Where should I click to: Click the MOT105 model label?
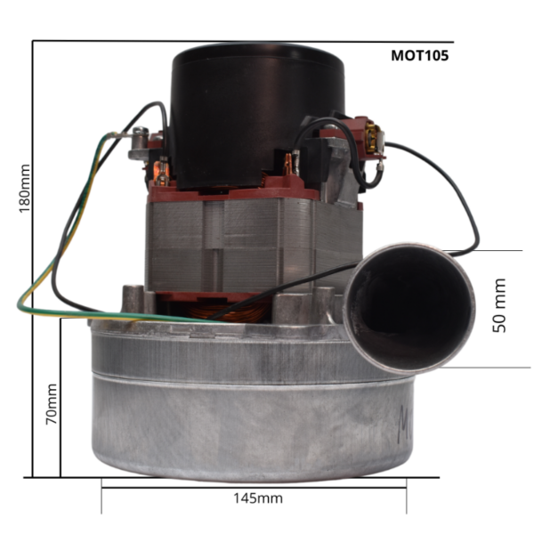tap(419, 55)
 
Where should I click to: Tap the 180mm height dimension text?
tap(25, 189)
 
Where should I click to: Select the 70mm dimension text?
tap(52, 404)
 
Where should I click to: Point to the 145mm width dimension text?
tap(258, 498)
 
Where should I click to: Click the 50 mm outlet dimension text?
tap(499, 305)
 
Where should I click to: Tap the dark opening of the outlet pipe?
tap(409, 308)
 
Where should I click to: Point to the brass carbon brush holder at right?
tap(373, 138)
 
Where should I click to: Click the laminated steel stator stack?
tap(254, 246)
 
